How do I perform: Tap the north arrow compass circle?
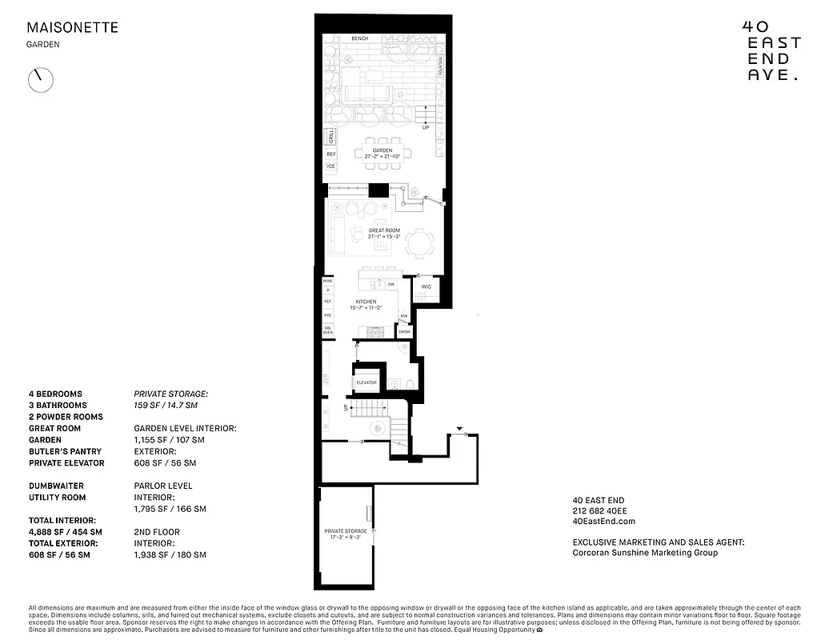click(x=41, y=79)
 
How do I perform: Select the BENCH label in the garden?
click(x=360, y=39)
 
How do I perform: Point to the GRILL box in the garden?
click(x=330, y=137)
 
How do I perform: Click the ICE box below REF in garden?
click(x=330, y=166)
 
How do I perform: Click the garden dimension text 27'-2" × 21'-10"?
click(x=382, y=156)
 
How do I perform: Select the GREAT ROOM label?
click(x=384, y=230)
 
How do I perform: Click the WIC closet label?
click(x=427, y=286)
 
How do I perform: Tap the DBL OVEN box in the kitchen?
click(x=328, y=331)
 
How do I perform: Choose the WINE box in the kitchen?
click(x=328, y=282)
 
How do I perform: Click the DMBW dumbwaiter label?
click(x=404, y=331)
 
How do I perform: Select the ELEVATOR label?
click(x=367, y=383)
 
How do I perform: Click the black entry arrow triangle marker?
click(x=459, y=430)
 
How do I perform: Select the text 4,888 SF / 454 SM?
click(x=66, y=531)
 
